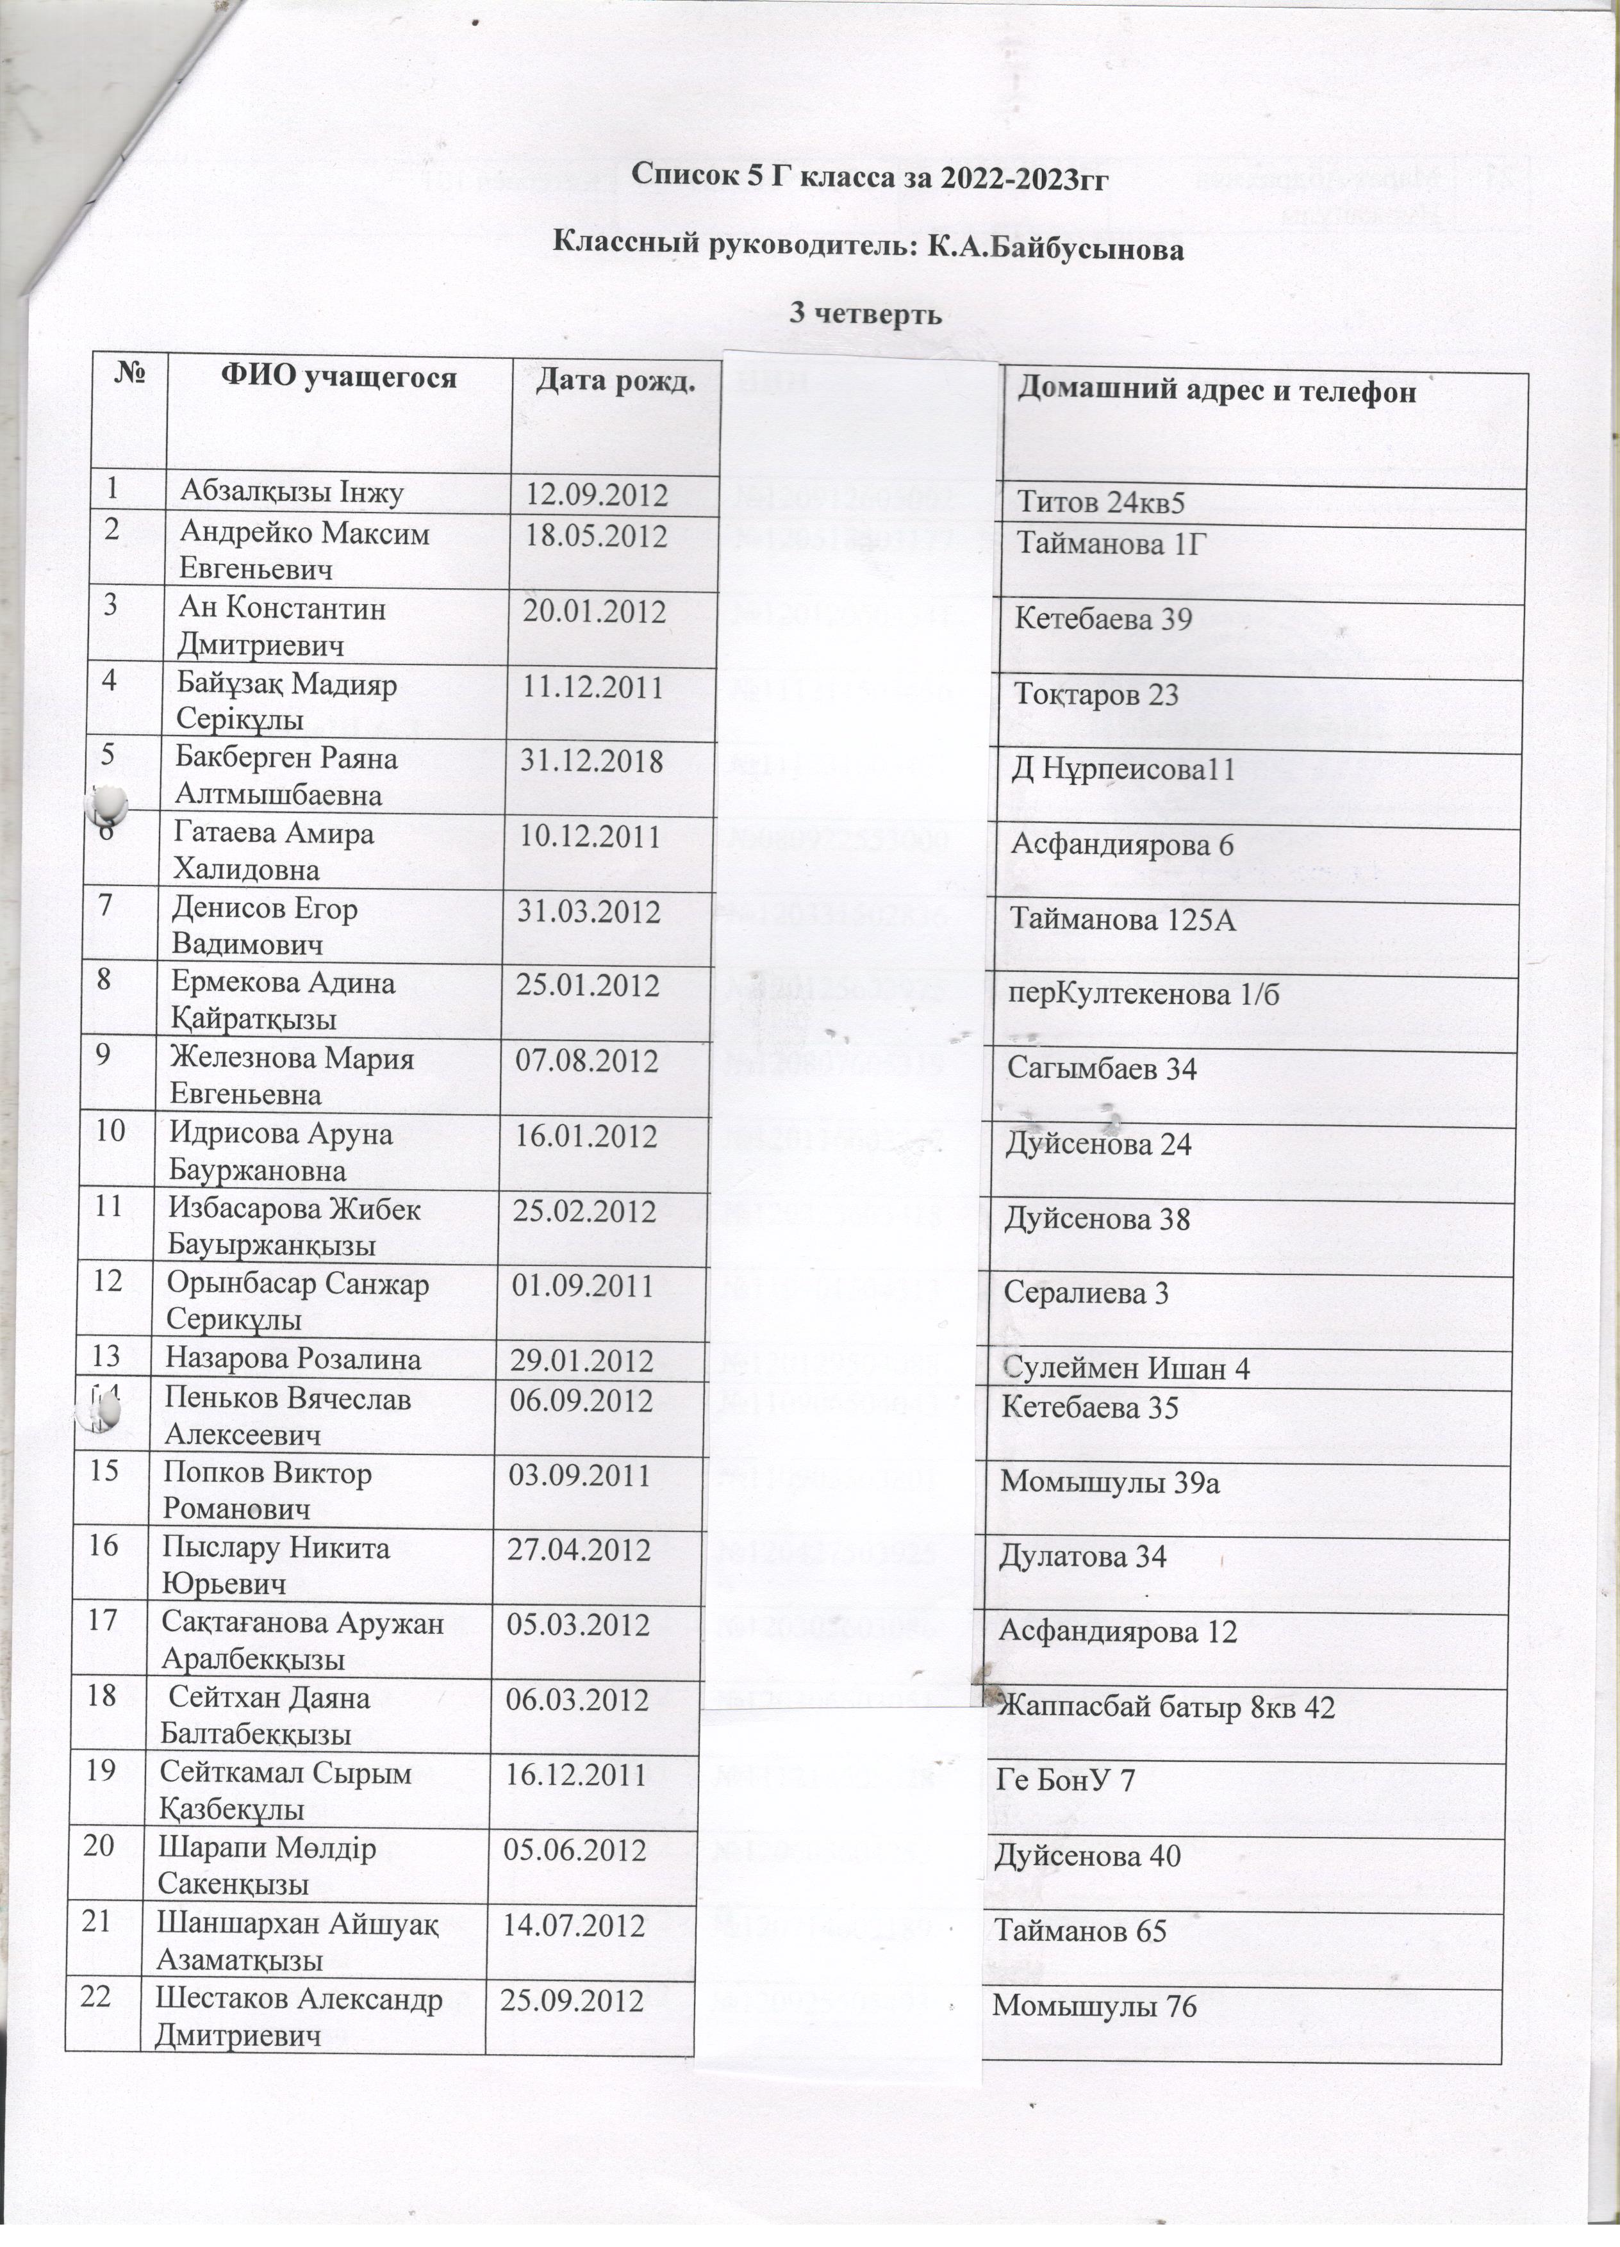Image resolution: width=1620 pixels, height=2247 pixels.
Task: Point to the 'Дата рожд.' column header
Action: (613, 381)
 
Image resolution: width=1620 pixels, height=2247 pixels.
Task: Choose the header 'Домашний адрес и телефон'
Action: (1217, 391)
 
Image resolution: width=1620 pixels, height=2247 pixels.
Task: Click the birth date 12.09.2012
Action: (597, 493)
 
